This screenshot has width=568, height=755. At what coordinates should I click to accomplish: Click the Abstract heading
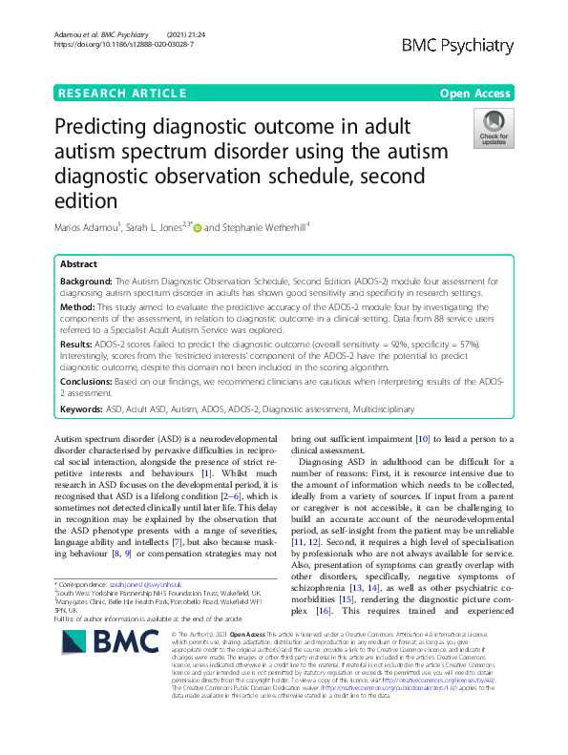78,264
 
